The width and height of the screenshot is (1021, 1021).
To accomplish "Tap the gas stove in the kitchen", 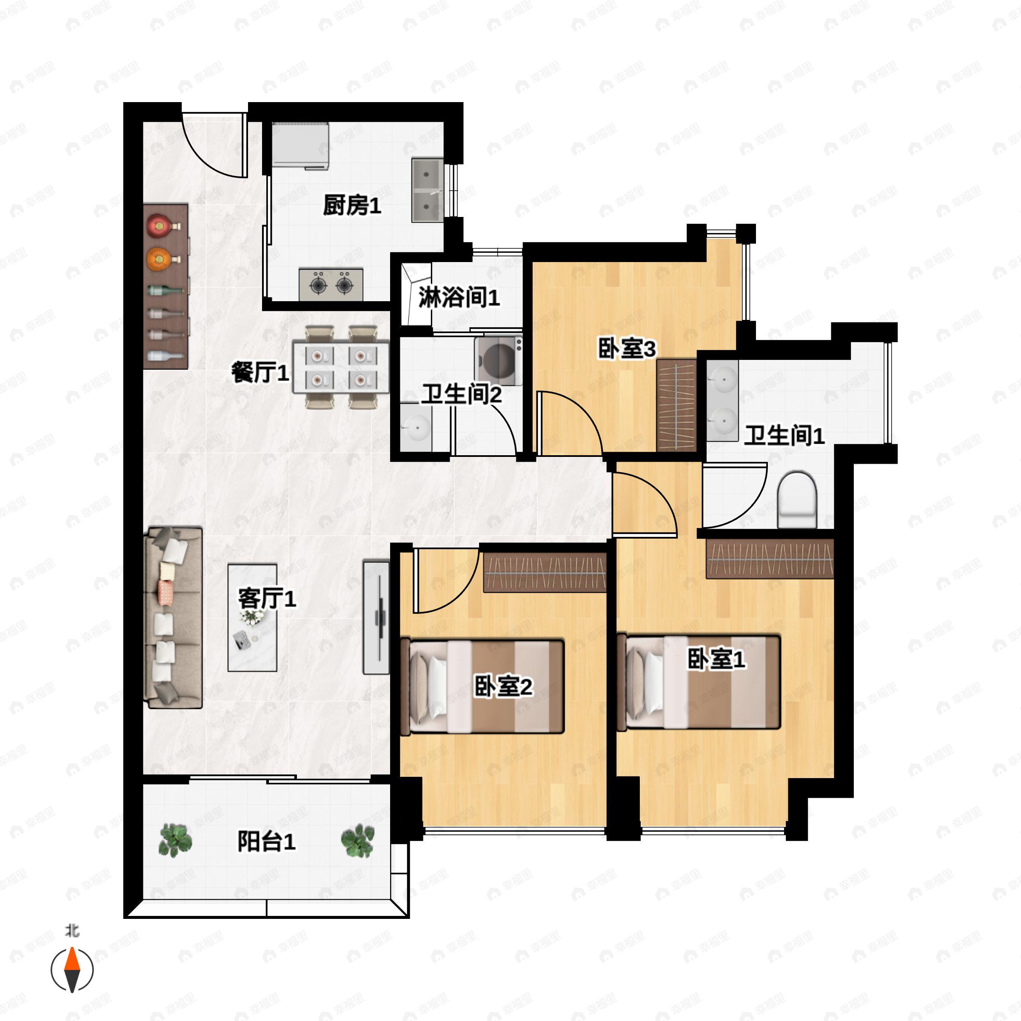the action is click(x=331, y=284).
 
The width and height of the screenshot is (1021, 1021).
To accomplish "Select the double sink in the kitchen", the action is click(x=428, y=190).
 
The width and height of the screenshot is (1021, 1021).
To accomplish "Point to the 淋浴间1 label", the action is click(x=459, y=297).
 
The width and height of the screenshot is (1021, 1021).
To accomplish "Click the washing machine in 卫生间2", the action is click(x=498, y=361).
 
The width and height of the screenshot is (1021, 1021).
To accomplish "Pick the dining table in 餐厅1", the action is click(x=341, y=367).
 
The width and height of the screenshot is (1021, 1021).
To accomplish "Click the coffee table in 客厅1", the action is click(x=252, y=617).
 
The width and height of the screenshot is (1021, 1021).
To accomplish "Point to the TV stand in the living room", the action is click(x=376, y=617).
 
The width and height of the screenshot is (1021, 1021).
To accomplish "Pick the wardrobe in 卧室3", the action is click(x=677, y=405).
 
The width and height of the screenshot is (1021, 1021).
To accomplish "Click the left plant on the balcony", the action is click(x=175, y=840).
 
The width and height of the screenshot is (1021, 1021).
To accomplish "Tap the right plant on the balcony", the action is click(x=358, y=840).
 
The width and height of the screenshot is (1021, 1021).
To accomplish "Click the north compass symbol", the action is click(x=72, y=970).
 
